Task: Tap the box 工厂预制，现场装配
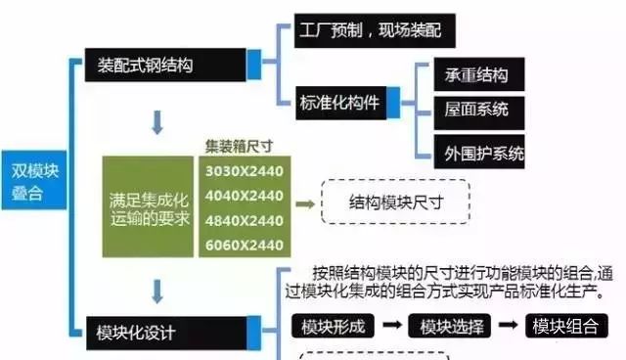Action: [x=367, y=30]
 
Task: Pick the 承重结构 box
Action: [x=476, y=75]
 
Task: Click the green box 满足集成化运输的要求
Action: [x=149, y=206]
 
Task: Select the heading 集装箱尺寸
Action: [x=239, y=148]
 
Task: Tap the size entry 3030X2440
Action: [x=243, y=171]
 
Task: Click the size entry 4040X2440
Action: [x=243, y=195]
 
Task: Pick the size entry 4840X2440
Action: [x=243, y=219]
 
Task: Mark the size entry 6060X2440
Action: [x=243, y=244]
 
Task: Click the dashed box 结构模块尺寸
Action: [x=396, y=203]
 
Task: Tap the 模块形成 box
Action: [x=334, y=327]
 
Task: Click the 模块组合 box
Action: [x=565, y=327]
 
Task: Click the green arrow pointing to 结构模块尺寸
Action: [x=306, y=203]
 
